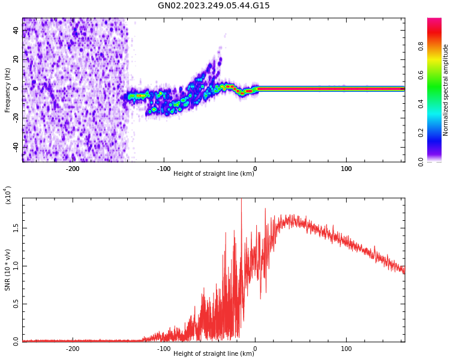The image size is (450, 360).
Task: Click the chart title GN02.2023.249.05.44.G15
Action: coord(214,6)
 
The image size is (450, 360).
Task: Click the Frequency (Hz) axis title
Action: coord(8,90)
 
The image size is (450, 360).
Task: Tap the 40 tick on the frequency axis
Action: coord(16,30)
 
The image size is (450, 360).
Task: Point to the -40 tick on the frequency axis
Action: coord(14,147)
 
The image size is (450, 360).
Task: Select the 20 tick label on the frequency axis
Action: coord(16,59)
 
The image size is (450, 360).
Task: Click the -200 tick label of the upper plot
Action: coord(72,169)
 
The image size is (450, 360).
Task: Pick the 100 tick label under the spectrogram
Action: coord(346,169)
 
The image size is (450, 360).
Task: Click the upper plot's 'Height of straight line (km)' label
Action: coord(213,174)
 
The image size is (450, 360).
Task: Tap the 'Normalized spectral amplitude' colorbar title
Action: coord(446,90)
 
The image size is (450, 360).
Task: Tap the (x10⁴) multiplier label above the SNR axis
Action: coord(8,195)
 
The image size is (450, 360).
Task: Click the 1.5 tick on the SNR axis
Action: coord(16,229)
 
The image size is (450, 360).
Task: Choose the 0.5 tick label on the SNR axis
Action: coord(16,304)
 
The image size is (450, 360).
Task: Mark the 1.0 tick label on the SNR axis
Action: coord(16,266)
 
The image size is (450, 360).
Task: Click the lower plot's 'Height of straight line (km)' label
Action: coord(213,354)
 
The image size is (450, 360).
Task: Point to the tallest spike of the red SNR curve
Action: coord(241,200)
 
